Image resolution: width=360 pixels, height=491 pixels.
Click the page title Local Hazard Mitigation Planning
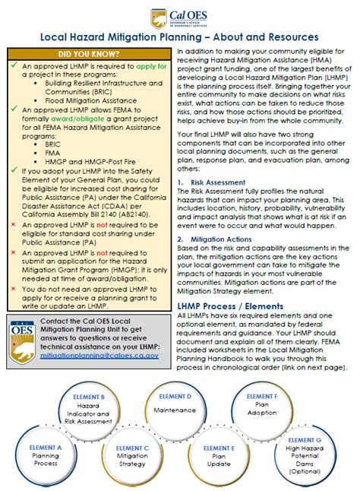179,36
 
